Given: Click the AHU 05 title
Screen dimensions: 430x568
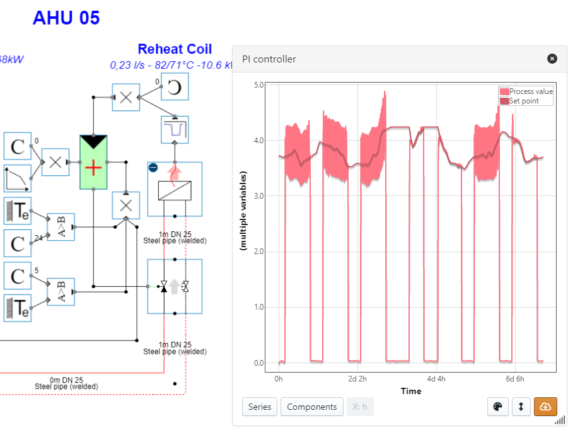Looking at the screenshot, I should coord(66,18).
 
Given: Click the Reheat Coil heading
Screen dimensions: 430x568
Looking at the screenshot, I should coord(175,49).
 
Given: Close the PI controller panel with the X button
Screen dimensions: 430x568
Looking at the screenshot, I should coord(552,59).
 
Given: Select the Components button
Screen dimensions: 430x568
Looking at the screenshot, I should coord(311,407).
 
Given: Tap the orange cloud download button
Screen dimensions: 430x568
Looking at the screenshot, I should coord(545,407).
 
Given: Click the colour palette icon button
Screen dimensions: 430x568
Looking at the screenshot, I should coord(498,407).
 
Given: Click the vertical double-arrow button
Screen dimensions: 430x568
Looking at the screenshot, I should coord(521,407).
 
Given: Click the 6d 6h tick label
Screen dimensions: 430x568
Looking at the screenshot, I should coord(514,379).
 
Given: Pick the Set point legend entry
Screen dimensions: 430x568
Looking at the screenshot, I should coord(523,101).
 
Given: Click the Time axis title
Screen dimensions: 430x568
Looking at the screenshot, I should coord(410,391).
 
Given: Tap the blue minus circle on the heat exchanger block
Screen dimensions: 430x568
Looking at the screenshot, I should coord(153,167).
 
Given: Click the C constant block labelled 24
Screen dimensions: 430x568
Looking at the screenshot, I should coord(18,243).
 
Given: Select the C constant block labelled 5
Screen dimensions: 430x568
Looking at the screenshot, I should coord(18,276).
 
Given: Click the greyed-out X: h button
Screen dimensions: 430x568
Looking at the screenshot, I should coord(360,407).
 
